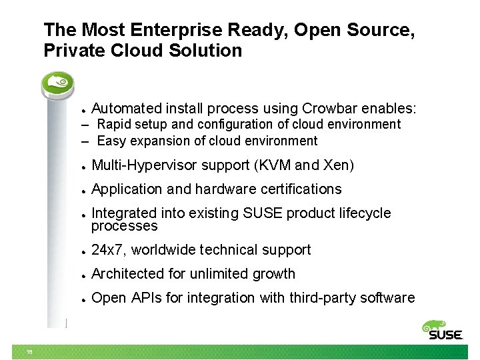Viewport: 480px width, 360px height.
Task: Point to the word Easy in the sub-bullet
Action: tap(111, 141)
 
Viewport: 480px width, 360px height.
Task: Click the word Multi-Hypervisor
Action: tap(143, 165)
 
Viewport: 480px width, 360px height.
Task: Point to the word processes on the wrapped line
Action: tap(125, 226)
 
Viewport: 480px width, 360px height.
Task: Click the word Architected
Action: tap(124, 274)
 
